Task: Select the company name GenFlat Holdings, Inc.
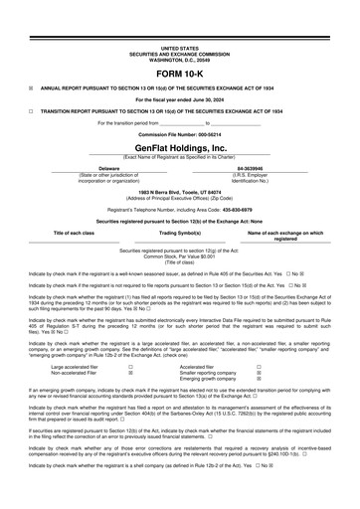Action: point(180,145)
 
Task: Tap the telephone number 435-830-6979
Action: point(238,211)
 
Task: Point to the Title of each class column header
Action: point(74,232)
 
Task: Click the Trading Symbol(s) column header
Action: point(181,232)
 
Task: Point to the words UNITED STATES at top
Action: point(180,47)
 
